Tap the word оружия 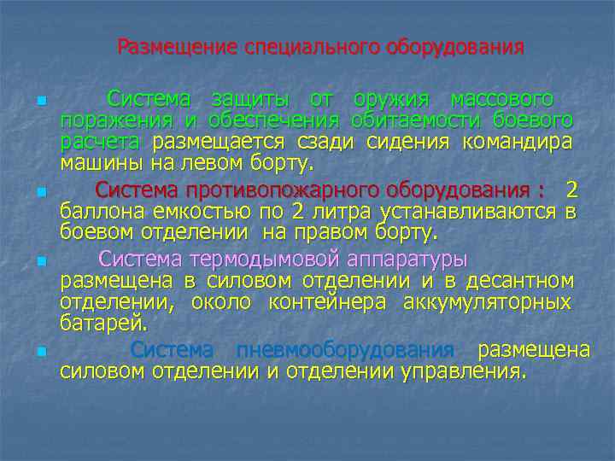(x=395, y=99)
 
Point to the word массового (x=501, y=99)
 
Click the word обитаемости (x=405, y=120)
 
